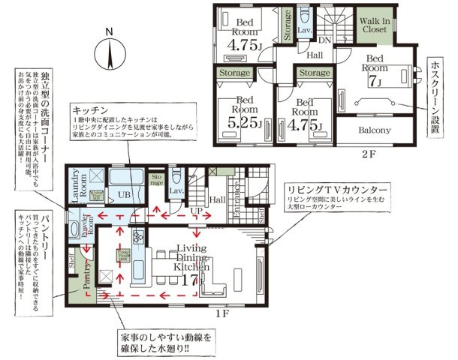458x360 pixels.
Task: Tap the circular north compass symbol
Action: [110, 55]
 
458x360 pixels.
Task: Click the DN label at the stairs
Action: [325, 40]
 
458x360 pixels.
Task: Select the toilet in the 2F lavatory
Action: [304, 16]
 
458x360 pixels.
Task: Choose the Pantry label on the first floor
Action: [86, 273]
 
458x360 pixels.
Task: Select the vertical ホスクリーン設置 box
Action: [434, 96]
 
